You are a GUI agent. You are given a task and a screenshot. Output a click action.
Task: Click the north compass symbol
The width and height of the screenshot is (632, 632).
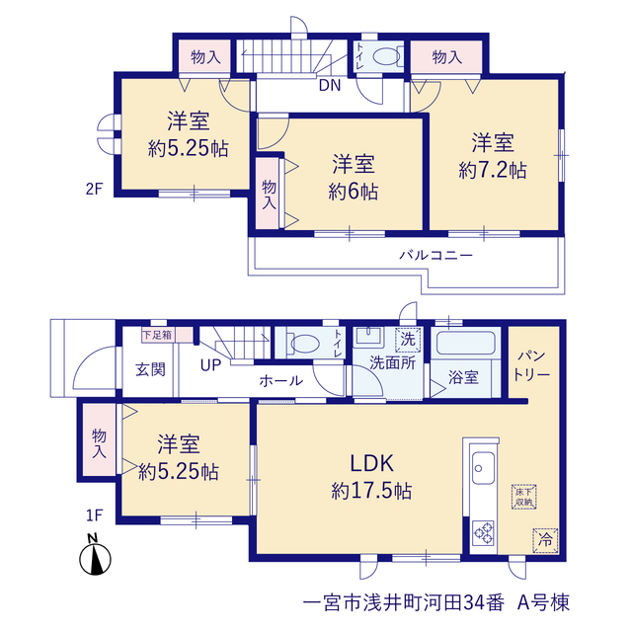(95, 555)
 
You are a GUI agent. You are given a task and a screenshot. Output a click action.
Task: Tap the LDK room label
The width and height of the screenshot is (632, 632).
(371, 463)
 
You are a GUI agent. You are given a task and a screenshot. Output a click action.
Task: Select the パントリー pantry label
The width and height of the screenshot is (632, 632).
(531, 365)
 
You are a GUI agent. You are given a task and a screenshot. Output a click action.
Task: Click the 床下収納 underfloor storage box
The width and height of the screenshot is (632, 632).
(524, 497)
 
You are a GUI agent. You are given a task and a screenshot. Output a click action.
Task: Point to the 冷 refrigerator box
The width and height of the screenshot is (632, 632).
(545, 540)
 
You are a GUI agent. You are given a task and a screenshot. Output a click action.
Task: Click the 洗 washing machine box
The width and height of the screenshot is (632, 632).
(408, 340)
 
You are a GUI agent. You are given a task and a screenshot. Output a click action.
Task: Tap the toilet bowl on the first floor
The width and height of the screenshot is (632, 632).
(305, 344)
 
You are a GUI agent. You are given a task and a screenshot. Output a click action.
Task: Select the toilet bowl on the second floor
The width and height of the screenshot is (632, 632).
(386, 56)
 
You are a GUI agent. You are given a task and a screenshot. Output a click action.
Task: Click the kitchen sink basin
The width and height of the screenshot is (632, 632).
(483, 468)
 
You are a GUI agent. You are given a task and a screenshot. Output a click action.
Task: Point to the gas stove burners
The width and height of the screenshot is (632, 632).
(484, 533)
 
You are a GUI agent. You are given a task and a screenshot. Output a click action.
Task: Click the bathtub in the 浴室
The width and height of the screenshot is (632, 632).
(465, 343)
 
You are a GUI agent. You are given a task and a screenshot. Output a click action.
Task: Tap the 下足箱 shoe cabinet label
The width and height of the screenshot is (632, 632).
(157, 335)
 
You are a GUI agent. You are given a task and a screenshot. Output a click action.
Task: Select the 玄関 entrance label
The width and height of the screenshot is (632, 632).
(150, 369)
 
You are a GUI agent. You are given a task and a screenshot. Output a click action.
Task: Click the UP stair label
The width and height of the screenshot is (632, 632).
(210, 365)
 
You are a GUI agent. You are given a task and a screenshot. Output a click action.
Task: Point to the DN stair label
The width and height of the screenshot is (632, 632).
(330, 85)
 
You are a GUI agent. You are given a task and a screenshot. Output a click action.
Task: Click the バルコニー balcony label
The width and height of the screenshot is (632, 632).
(436, 255)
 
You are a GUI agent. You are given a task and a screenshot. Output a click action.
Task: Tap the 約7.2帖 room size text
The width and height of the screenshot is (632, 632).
(493, 170)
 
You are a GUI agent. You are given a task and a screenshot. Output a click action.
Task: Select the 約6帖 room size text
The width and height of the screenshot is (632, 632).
(354, 191)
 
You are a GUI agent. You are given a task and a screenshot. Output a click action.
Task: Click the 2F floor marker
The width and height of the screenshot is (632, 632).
(95, 189)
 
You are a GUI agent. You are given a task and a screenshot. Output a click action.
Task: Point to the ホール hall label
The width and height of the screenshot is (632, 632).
(280, 380)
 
